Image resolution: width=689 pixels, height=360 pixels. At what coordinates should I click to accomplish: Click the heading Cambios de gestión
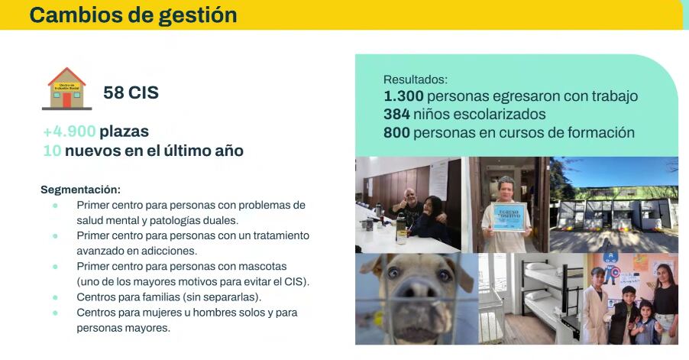coord(133,15)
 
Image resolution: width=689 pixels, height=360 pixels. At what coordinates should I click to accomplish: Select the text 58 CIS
coord(131,93)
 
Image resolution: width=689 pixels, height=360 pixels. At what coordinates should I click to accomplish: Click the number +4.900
coord(70,131)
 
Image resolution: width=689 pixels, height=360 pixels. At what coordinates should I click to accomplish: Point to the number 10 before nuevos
coord(52,151)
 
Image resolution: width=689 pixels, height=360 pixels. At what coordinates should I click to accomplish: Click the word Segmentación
coord(80,190)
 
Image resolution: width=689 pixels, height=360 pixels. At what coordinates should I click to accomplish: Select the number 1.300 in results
coord(403,96)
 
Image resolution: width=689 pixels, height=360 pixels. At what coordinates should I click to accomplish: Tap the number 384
coord(396,115)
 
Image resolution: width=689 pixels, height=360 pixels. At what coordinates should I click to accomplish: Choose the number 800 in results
coord(396,132)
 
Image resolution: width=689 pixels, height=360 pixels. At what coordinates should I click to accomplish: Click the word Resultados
coord(415,79)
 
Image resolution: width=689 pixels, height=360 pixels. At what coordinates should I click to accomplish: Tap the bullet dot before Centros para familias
coord(55,297)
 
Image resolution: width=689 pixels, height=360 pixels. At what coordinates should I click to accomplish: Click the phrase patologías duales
coord(183,220)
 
